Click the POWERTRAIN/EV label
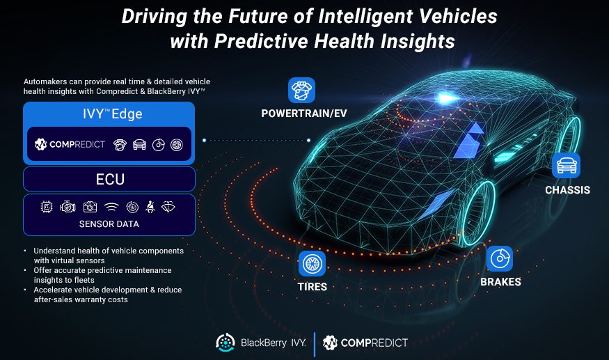pyautogui.click(x=303, y=114)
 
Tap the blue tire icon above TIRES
pyautogui.click(x=312, y=264)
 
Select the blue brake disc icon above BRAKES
pyautogui.click(x=500, y=258)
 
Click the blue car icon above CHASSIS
pyautogui.click(x=567, y=166)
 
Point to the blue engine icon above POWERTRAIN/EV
pyautogui.click(x=302, y=91)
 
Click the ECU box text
pyautogui.click(x=110, y=180)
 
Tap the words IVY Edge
pyautogui.click(x=112, y=114)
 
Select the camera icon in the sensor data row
pyautogui.click(x=90, y=207)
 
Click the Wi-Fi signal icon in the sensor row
pyautogui.click(x=111, y=208)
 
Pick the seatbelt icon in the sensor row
pyautogui.click(x=150, y=207)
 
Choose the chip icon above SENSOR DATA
pyautogui.click(x=47, y=207)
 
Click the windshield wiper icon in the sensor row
pyautogui.click(x=168, y=206)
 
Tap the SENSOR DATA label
pyautogui.click(x=109, y=224)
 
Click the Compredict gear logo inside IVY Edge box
pyautogui.click(x=40, y=144)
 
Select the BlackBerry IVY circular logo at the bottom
pyautogui.click(x=226, y=343)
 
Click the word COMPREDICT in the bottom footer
pyautogui.click(x=374, y=343)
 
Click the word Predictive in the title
pyautogui.click(x=262, y=41)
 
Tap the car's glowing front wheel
pyautogui.click(x=479, y=213)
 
